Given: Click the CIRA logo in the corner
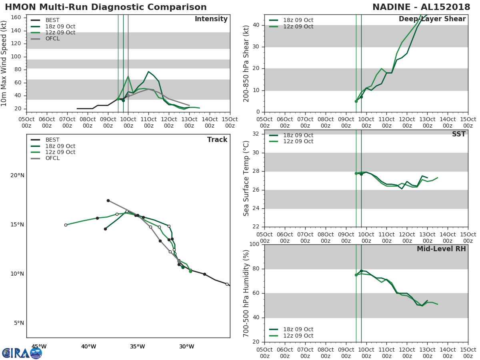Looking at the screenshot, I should (22, 353).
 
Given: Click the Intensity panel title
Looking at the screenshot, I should (211, 19).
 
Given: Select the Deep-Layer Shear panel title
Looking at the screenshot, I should (432, 19).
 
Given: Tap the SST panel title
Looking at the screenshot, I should (458, 134).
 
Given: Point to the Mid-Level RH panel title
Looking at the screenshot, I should (441, 249).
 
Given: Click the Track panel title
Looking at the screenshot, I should (217, 140).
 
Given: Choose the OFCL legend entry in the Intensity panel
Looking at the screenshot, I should (52, 39).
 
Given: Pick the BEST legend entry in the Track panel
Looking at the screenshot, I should (52, 140).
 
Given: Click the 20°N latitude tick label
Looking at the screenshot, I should (17, 175).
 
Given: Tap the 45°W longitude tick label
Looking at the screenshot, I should (39, 346).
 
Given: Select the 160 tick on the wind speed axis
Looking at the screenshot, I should (16, 17).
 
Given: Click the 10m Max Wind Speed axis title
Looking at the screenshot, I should (4, 63).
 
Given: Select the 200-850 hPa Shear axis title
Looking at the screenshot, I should (246, 63).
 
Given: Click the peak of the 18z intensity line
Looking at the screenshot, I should (148, 72).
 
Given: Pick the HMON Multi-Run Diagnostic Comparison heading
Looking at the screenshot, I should (106, 7).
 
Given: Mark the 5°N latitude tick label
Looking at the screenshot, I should (19, 323).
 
